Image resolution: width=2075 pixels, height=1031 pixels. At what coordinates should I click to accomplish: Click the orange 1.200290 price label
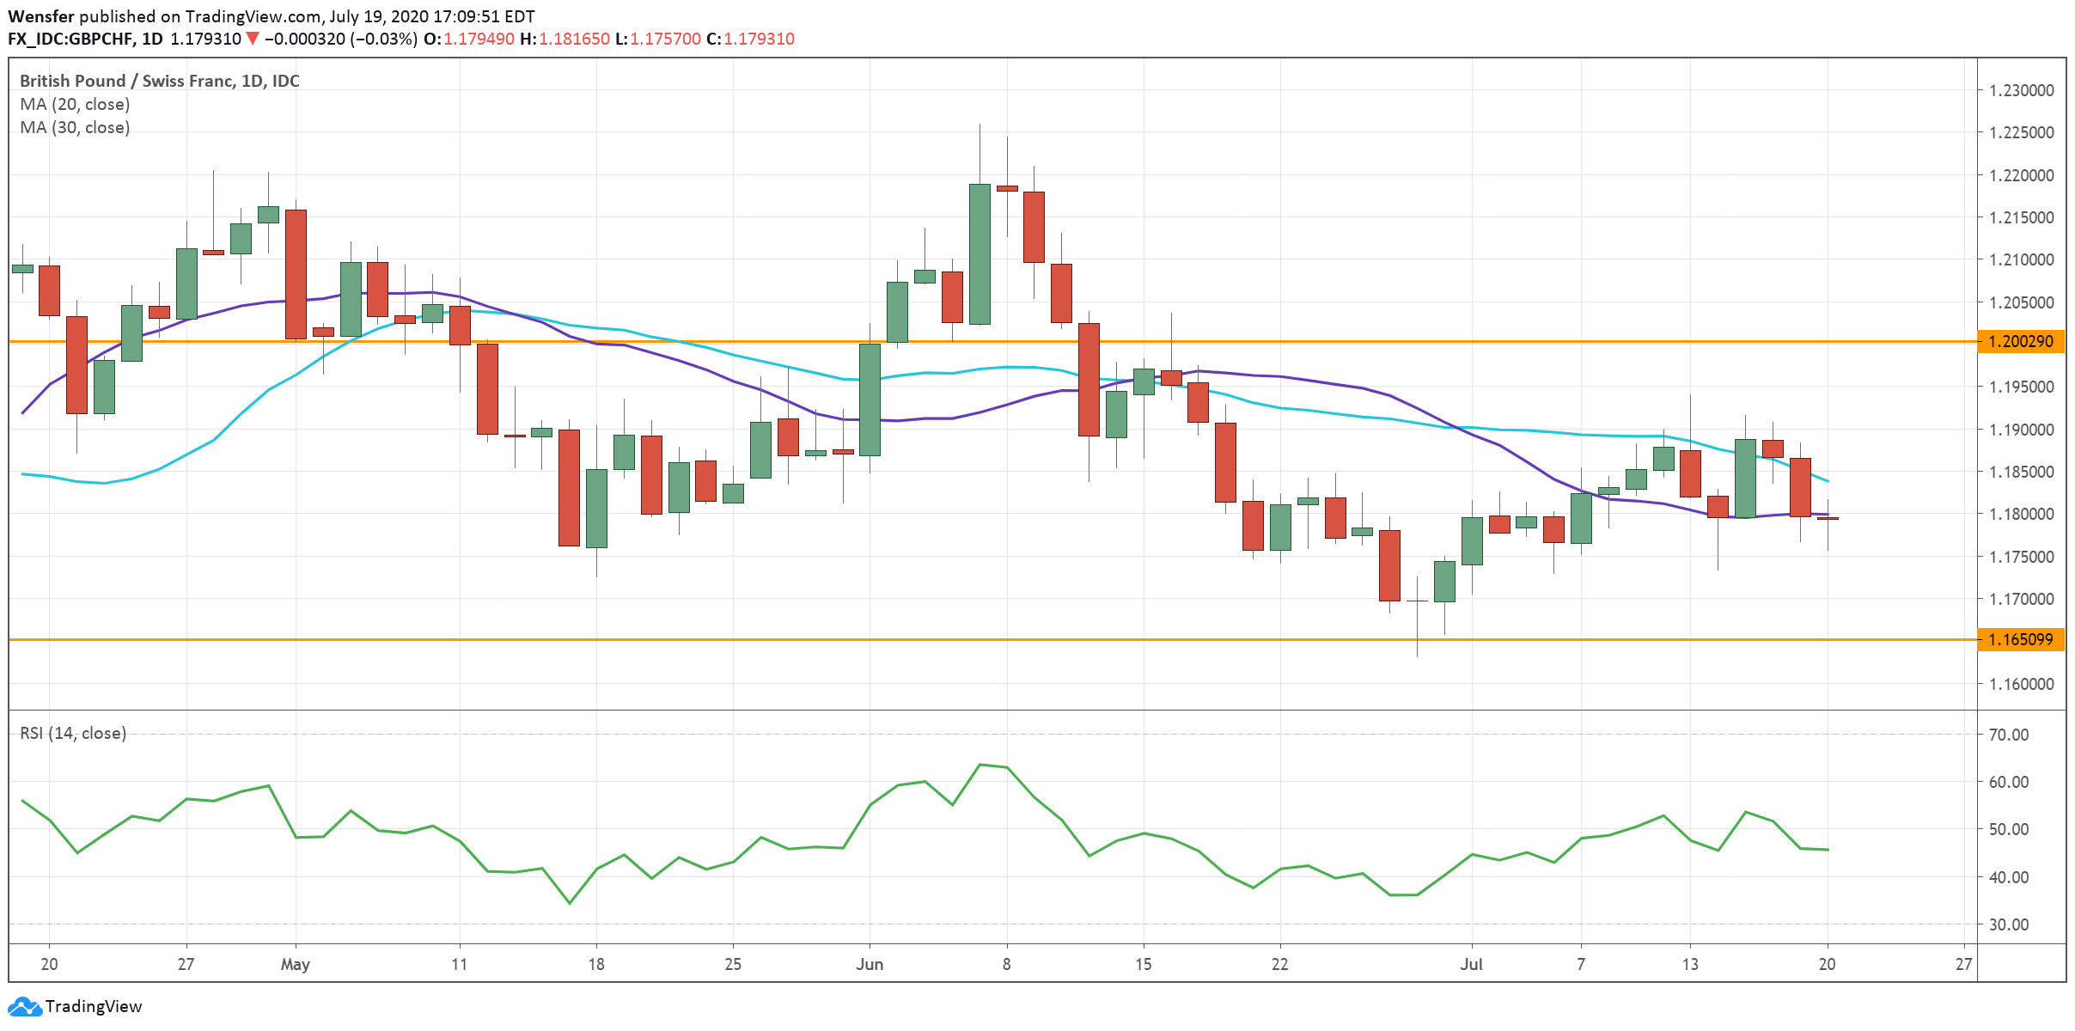pos(2021,342)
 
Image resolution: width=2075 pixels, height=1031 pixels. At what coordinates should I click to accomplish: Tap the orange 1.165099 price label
pos(2021,640)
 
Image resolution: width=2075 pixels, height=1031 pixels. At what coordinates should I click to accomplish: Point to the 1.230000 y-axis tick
pos(2021,90)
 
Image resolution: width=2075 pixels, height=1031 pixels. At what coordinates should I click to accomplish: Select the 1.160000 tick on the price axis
pos(2021,685)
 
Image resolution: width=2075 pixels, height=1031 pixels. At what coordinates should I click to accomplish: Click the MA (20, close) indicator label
pos(75,105)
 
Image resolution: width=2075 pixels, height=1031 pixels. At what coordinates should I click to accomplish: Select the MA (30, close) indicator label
pos(75,128)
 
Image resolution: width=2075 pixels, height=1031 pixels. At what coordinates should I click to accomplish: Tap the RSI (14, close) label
pos(73,734)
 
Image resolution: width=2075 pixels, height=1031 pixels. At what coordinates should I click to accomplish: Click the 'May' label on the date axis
pos(295,965)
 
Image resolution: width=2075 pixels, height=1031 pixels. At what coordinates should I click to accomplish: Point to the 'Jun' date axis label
pos(870,965)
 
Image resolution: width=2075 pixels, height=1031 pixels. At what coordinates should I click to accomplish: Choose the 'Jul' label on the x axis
pos(1471,965)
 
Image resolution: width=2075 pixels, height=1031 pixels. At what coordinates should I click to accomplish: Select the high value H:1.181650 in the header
pos(565,40)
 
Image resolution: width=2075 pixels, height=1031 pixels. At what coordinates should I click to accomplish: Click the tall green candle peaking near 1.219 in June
pos(980,253)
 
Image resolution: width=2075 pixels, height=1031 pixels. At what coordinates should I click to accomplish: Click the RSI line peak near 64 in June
pos(980,765)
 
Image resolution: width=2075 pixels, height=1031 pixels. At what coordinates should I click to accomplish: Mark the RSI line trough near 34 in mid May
pos(569,903)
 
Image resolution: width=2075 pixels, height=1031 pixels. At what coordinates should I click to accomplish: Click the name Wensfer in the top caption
pos(40,16)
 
